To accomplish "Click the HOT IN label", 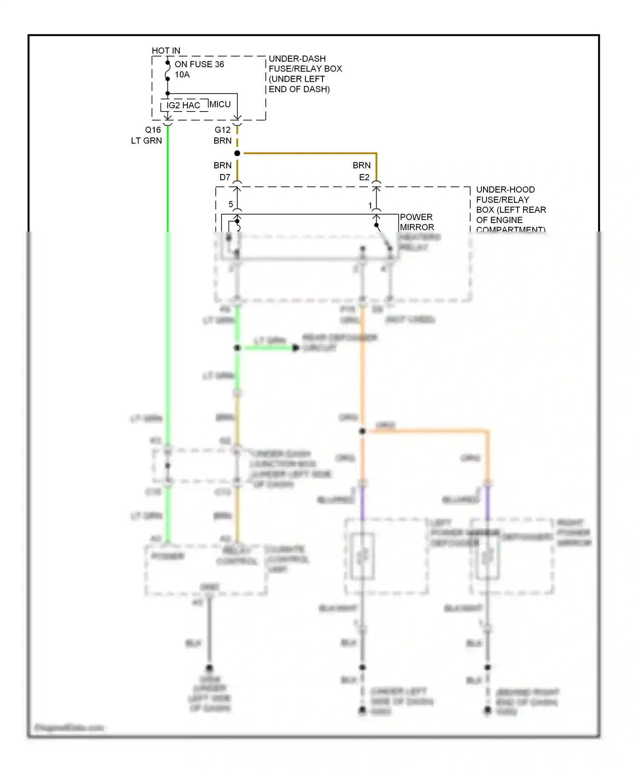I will pyautogui.click(x=166, y=51).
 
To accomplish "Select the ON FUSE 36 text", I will pyautogui.click(x=199, y=64).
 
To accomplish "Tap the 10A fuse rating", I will pyautogui.click(x=182, y=75).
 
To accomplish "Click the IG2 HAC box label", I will pyautogui.click(x=183, y=106).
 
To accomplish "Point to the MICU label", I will pyautogui.click(x=220, y=104).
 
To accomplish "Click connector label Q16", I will pyautogui.click(x=153, y=130).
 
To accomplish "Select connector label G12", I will pyautogui.click(x=222, y=130).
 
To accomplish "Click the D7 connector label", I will pyautogui.click(x=225, y=177).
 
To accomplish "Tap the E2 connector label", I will pyautogui.click(x=364, y=177).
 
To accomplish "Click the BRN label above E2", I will pyautogui.click(x=362, y=165).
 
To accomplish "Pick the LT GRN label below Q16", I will pyautogui.click(x=146, y=141).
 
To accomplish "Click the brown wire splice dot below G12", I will pyautogui.click(x=237, y=153).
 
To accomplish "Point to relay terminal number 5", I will pyautogui.click(x=231, y=204).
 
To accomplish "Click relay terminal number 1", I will pyautogui.click(x=370, y=206).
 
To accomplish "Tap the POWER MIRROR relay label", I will pyautogui.click(x=416, y=222).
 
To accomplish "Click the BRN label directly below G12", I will pyautogui.click(x=222, y=141).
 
